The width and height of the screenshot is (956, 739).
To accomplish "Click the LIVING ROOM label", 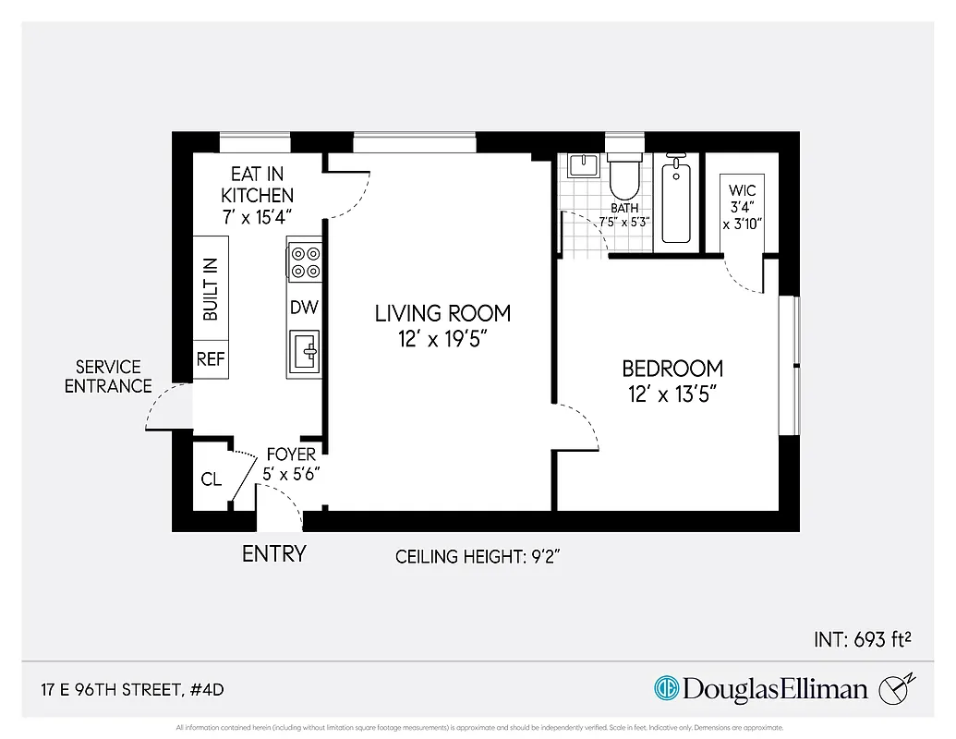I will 442,313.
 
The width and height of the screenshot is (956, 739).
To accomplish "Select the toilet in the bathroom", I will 624,174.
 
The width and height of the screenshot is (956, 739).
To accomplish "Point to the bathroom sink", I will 584,166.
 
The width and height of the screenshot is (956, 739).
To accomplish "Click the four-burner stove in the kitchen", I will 305,260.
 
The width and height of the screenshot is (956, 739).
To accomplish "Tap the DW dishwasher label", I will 304,308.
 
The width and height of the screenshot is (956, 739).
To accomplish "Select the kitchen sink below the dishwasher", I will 305,351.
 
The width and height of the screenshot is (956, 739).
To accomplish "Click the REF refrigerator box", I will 211,359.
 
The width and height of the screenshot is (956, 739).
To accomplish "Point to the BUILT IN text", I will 211,289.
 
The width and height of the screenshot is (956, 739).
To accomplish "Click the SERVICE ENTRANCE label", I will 108,377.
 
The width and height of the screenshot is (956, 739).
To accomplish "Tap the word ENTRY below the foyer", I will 273,554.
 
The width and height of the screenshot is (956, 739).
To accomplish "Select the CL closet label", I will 212,479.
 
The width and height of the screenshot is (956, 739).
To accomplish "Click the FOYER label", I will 291,454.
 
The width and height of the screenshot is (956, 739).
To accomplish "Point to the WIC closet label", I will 742,191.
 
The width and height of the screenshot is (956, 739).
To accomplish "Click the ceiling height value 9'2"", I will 542,557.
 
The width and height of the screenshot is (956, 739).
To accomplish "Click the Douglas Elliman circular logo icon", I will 666,688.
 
